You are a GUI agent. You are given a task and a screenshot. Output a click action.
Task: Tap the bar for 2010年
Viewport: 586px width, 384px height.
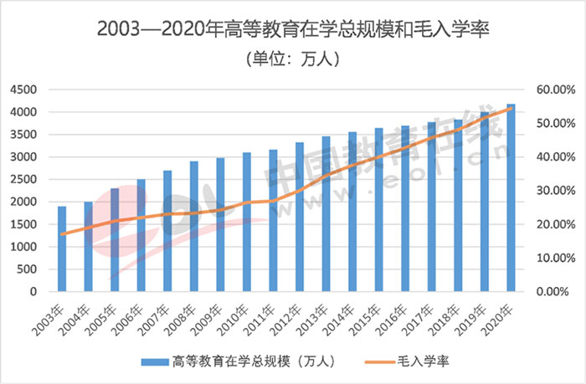point(247,223)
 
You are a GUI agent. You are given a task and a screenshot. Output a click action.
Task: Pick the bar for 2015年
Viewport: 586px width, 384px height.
point(378,210)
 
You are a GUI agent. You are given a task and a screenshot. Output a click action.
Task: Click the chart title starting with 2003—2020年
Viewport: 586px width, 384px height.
point(292,29)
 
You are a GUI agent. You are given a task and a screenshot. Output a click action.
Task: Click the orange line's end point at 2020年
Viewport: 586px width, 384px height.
point(511,108)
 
